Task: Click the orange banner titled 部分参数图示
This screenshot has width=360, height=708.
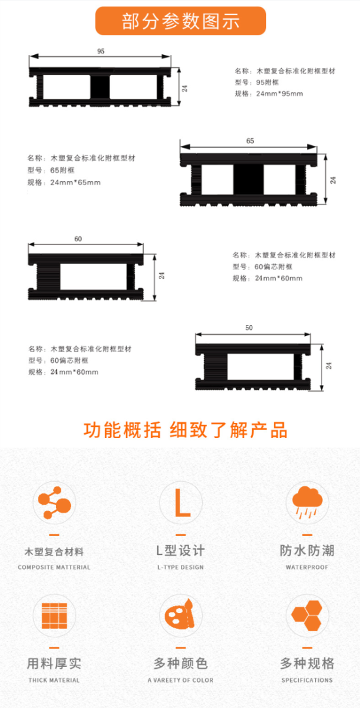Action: coord(180,21)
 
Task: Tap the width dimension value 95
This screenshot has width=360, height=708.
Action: coord(101,51)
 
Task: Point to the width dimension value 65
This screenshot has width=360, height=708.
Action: coord(250,141)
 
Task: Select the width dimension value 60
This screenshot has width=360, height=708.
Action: coord(78,239)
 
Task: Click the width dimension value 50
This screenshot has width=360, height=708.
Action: coord(249,328)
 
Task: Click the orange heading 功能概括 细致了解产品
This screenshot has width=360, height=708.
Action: coord(186,431)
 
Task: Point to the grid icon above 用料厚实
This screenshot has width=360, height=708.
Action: coord(54,616)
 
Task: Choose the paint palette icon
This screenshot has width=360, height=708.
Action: coord(181,616)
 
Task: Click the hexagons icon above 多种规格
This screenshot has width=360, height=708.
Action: coord(307,616)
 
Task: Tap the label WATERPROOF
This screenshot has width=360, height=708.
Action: coord(307,567)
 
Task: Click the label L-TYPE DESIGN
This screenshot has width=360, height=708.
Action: coord(181,567)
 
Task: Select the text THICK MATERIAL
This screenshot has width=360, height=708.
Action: coord(54,681)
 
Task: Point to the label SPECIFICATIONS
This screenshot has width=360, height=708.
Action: coord(307,681)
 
